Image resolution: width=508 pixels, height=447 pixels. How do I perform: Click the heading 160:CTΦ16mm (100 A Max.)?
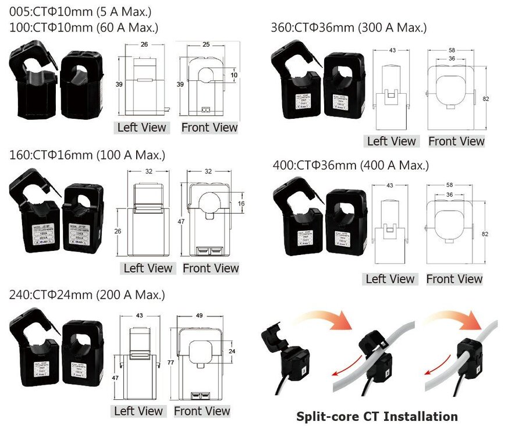87,155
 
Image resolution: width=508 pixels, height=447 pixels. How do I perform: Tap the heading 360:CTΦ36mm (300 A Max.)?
349,27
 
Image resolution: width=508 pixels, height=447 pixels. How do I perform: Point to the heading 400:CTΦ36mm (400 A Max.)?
350,166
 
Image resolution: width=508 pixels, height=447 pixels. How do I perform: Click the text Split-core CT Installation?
377,416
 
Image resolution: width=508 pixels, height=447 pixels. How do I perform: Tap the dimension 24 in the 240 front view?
233,352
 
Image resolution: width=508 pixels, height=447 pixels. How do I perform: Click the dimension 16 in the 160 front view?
241,203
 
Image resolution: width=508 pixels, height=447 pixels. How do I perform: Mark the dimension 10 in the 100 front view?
235,75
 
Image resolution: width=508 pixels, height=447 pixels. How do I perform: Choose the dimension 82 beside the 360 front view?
485,99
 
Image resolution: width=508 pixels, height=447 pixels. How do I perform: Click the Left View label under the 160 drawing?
148,268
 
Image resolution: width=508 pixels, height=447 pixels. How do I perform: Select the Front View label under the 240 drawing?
202,411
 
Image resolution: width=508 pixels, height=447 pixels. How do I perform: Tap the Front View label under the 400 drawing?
454,279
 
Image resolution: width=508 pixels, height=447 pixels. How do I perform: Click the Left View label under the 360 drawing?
392,141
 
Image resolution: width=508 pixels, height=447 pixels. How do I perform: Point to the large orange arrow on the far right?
460,321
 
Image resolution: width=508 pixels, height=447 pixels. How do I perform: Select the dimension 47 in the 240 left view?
115,378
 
